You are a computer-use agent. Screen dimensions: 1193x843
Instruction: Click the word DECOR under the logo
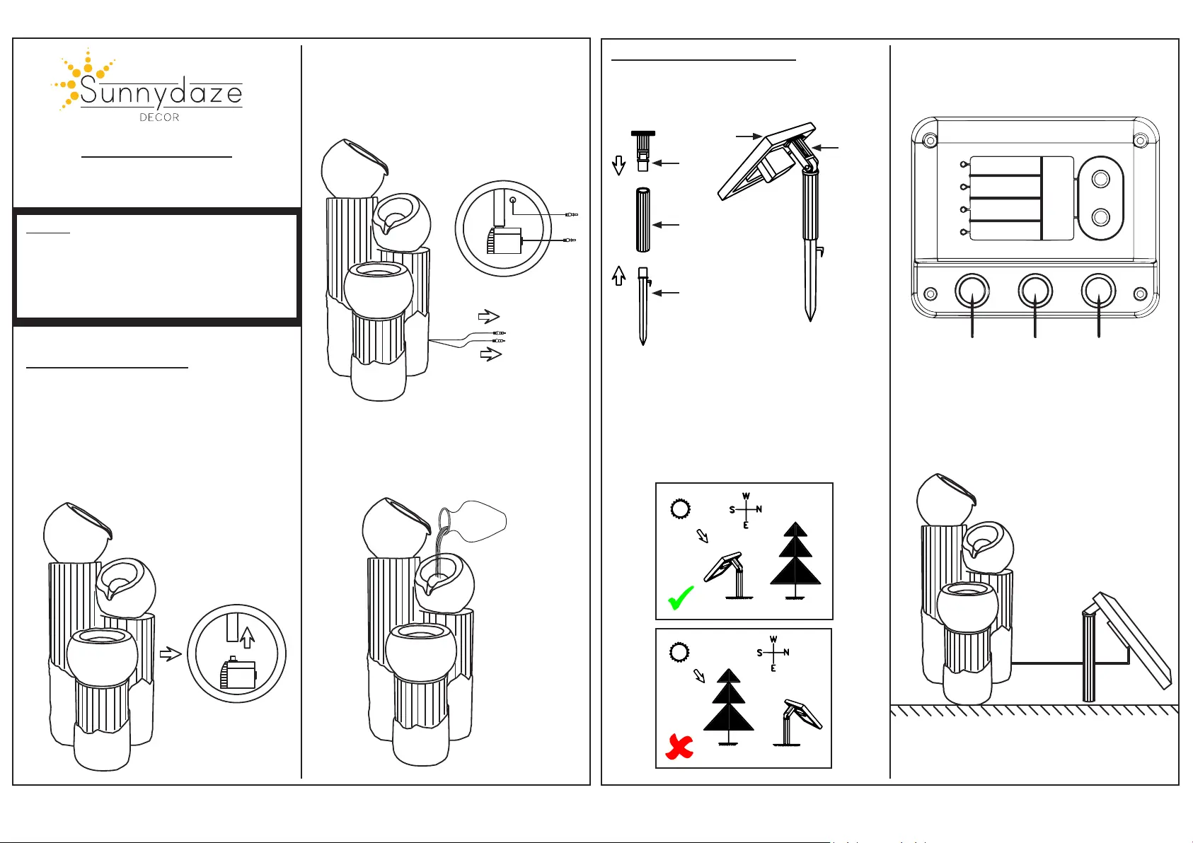[159, 117]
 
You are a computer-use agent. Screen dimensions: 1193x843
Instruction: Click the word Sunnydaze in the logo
[161, 93]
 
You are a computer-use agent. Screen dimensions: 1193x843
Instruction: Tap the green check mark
[681, 598]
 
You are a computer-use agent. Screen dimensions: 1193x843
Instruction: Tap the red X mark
[679, 747]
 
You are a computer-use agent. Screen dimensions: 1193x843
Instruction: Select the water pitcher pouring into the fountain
[476, 523]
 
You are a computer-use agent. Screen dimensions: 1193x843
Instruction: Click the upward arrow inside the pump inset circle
[247, 637]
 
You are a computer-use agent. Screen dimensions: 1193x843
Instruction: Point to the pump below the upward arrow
[238, 674]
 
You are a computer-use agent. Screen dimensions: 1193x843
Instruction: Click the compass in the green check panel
[746, 510]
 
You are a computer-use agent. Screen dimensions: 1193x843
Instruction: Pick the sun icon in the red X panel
[679, 652]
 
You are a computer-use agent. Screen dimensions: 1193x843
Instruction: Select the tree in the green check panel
[795, 560]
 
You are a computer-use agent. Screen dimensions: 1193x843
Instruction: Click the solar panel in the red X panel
[803, 714]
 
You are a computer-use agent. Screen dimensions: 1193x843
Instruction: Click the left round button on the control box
[972, 291]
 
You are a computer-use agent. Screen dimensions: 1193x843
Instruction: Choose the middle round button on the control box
[1035, 291]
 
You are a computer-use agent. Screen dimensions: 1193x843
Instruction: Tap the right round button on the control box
[1098, 291]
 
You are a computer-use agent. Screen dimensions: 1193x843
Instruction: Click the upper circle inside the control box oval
[1100, 180]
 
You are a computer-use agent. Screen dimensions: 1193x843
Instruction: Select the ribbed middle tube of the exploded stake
[642, 220]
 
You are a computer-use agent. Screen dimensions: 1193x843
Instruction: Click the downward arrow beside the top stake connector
[618, 165]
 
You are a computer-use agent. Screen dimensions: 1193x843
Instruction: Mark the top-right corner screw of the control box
[1141, 141]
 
